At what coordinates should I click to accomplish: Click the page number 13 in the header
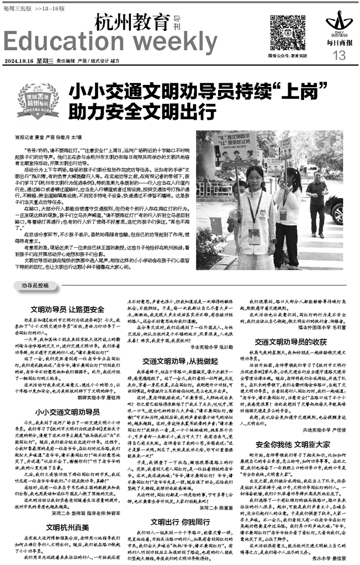(x=339, y=55)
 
